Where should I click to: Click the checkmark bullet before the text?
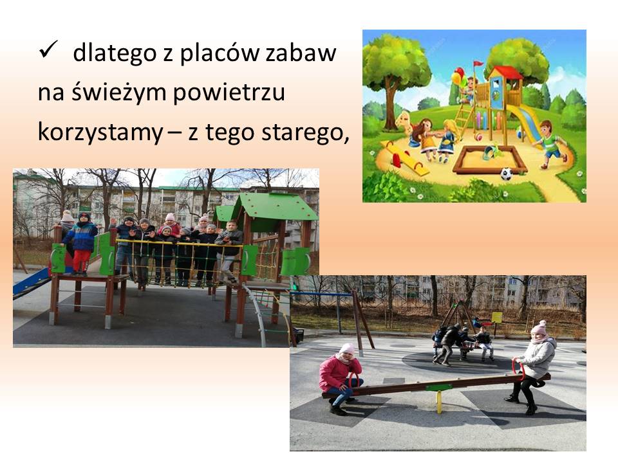point(48,50)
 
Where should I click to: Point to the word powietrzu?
point(229,93)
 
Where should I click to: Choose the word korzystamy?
point(100,132)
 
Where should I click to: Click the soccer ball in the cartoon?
point(507,174)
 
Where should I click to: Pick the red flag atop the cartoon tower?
point(478,64)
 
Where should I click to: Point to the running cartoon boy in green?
point(550,143)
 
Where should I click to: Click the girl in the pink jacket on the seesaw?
point(340,379)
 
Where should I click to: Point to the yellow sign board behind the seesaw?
point(496,317)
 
